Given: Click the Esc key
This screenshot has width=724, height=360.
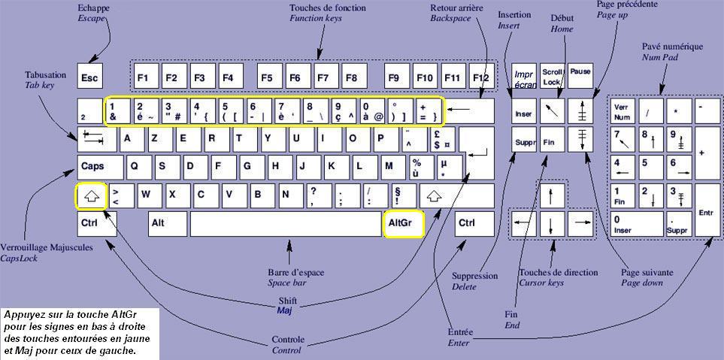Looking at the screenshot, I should tap(90, 77).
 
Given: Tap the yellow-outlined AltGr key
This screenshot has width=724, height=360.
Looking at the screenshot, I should tap(403, 224).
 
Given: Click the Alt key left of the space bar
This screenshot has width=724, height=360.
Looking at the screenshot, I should tap(167, 224).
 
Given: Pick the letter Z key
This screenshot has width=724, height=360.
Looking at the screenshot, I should tap(156, 138).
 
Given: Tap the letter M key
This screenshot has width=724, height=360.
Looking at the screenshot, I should tap(389, 166).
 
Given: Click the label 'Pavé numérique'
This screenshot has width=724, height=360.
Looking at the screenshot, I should tap(672, 47).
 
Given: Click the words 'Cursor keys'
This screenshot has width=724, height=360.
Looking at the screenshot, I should tap(541, 283).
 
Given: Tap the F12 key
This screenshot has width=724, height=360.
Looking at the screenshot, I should tap(480, 77).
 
